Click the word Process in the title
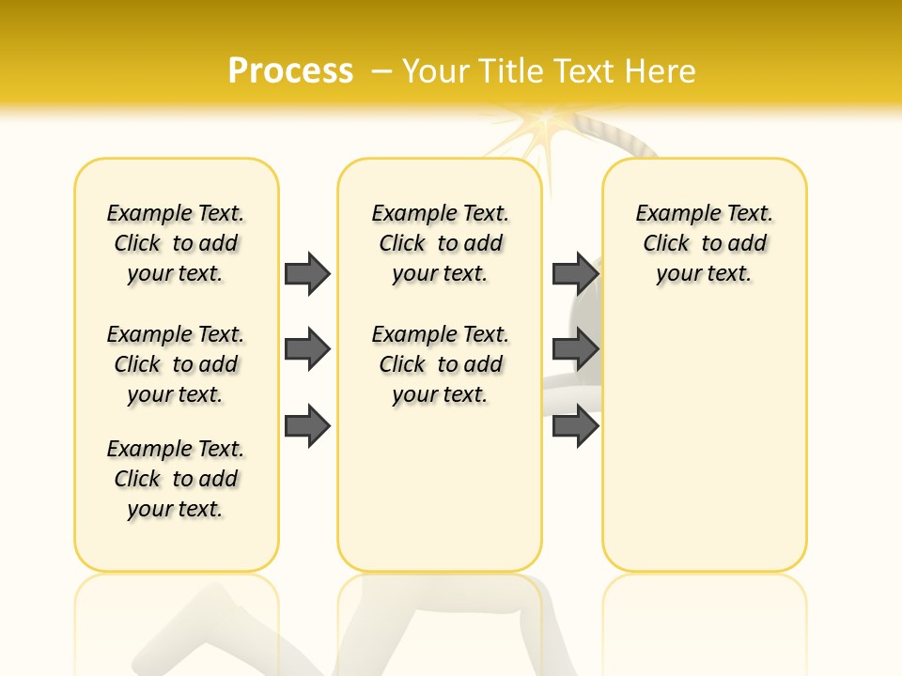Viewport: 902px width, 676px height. coord(290,71)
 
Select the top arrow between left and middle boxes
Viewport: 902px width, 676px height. coord(307,273)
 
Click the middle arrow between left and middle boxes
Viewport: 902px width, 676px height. coord(307,349)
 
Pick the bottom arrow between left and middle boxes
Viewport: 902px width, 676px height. coord(307,425)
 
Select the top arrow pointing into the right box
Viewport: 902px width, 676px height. coord(576,273)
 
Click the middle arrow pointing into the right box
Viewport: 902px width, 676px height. coord(576,349)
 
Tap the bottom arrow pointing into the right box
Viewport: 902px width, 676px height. coord(576,425)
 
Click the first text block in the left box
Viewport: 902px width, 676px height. coord(176,243)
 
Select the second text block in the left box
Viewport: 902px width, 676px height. coord(176,364)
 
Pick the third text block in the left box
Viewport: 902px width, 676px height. coord(176,479)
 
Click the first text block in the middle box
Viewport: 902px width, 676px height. coord(440,243)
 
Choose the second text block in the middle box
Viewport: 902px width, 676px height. coord(440,364)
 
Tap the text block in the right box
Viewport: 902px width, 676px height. coord(704,243)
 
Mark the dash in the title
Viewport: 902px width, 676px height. coord(381,71)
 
